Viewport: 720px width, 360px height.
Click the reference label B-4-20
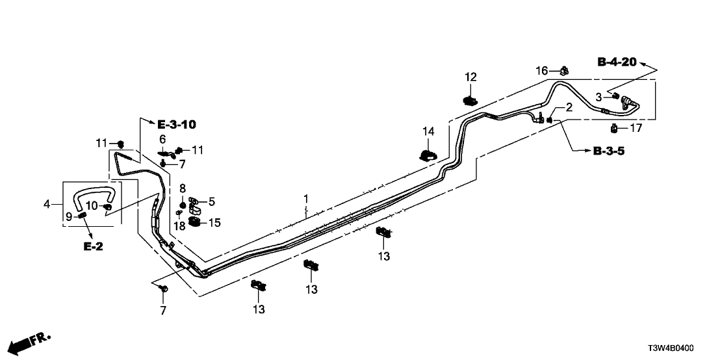point(617,62)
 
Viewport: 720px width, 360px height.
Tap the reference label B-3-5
point(611,151)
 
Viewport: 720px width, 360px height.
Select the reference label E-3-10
point(176,124)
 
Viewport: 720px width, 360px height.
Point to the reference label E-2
point(93,247)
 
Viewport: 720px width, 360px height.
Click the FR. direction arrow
point(30,341)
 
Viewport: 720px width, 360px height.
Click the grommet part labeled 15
point(196,224)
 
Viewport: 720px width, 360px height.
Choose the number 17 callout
point(636,128)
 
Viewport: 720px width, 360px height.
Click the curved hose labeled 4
point(95,192)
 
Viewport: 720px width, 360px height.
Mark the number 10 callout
point(91,206)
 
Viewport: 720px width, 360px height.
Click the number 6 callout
point(164,139)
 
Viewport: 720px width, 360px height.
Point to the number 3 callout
point(599,97)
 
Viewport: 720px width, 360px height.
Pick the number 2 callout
point(568,107)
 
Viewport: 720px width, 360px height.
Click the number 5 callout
point(211,201)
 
